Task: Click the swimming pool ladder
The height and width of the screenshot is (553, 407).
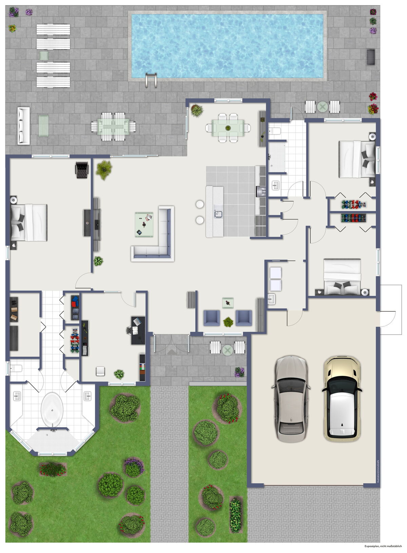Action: click(x=151, y=80)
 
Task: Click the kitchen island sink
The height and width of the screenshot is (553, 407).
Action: click(x=218, y=214)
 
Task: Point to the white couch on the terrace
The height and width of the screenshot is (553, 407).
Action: click(x=24, y=125)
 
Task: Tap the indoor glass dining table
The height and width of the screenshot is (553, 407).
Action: click(x=228, y=128)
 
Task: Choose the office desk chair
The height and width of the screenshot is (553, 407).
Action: click(x=130, y=329)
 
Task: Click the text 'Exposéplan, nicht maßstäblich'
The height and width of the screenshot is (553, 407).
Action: click(x=383, y=546)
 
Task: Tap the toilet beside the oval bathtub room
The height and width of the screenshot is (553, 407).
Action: click(x=16, y=368)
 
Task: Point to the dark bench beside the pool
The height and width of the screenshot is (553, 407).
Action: click(x=371, y=57)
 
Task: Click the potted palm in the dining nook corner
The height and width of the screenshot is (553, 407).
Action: click(x=197, y=110)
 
